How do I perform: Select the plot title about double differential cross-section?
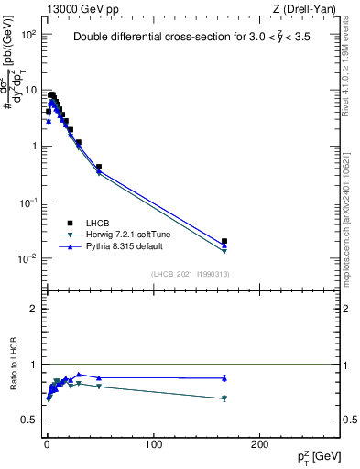coord(199,38)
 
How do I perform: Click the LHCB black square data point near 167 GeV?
coord(224,241)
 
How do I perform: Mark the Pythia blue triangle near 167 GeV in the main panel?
coord(224,245)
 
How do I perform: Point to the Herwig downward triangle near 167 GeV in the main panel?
coord(224,251)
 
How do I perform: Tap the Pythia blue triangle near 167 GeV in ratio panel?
coord(224,377)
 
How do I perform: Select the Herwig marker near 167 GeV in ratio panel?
coord(224,398)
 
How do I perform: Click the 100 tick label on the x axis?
coord(153,444)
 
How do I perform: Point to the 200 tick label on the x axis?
coord(260,444)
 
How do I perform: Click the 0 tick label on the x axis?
coord(47,444)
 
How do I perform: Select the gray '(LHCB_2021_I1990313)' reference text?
coord(190,275)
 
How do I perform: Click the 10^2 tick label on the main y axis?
coord(27,34)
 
